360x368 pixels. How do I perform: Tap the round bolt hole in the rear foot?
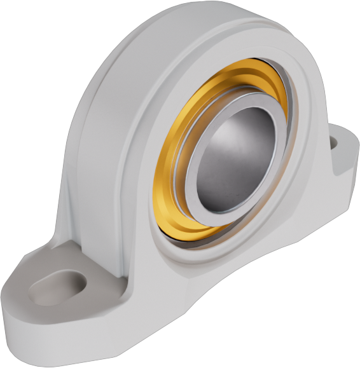point(335,144)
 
